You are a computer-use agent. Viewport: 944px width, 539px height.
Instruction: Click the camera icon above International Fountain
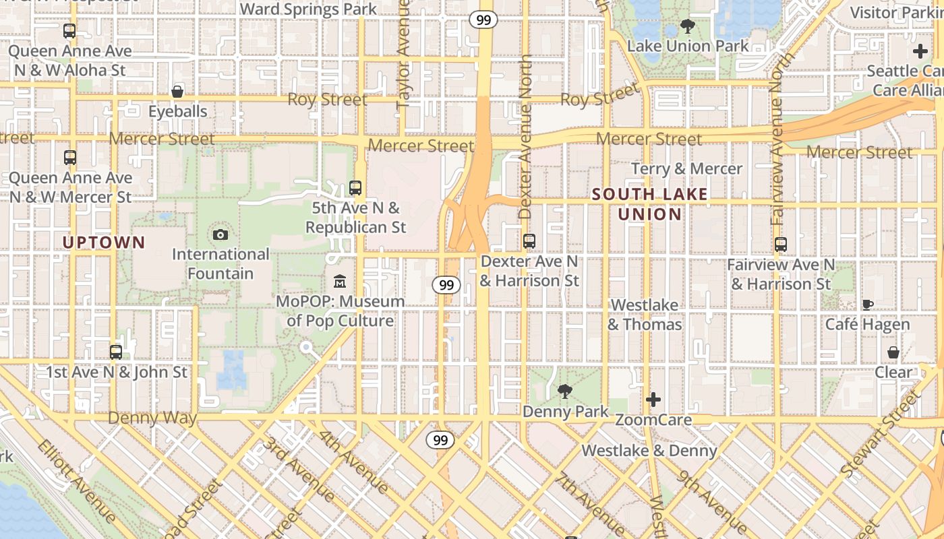220,234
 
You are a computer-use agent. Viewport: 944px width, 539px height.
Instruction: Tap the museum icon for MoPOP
340,281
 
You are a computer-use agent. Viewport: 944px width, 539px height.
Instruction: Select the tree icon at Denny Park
565,391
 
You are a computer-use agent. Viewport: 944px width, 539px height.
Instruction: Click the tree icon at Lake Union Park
688,27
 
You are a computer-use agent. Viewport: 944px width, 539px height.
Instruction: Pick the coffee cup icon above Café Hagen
868,305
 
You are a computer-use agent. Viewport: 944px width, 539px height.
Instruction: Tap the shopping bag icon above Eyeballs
177,91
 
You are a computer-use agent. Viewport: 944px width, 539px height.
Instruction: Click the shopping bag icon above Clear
893,352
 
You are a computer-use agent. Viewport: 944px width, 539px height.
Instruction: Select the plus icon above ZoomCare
653,400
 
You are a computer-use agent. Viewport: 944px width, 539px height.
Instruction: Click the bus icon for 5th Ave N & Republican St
355,188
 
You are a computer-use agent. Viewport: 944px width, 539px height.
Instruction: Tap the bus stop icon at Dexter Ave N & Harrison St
529,241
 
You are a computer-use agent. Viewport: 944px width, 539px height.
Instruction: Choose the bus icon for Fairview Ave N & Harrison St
781,245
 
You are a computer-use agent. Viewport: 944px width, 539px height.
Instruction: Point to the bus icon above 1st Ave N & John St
116,352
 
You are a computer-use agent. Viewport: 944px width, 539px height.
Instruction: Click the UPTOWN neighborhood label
104,242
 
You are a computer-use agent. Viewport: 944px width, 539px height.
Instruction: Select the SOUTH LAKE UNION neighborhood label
650,204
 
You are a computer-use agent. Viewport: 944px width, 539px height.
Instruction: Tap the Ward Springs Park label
308,9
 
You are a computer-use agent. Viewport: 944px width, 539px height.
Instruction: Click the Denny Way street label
152,418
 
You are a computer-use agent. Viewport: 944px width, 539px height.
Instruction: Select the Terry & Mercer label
686,168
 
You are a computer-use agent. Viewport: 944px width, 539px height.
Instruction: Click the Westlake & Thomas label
645,315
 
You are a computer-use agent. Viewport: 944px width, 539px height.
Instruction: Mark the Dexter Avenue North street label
526,137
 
